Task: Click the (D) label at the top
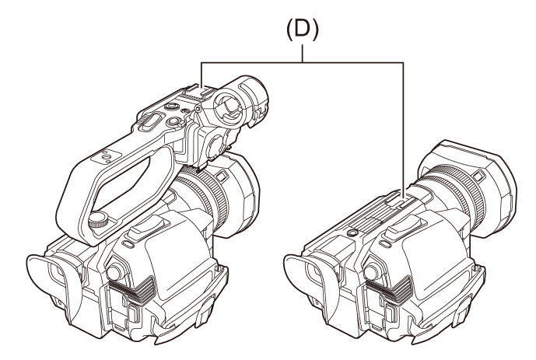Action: pos(302,30)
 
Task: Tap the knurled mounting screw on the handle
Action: pos(99,219)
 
